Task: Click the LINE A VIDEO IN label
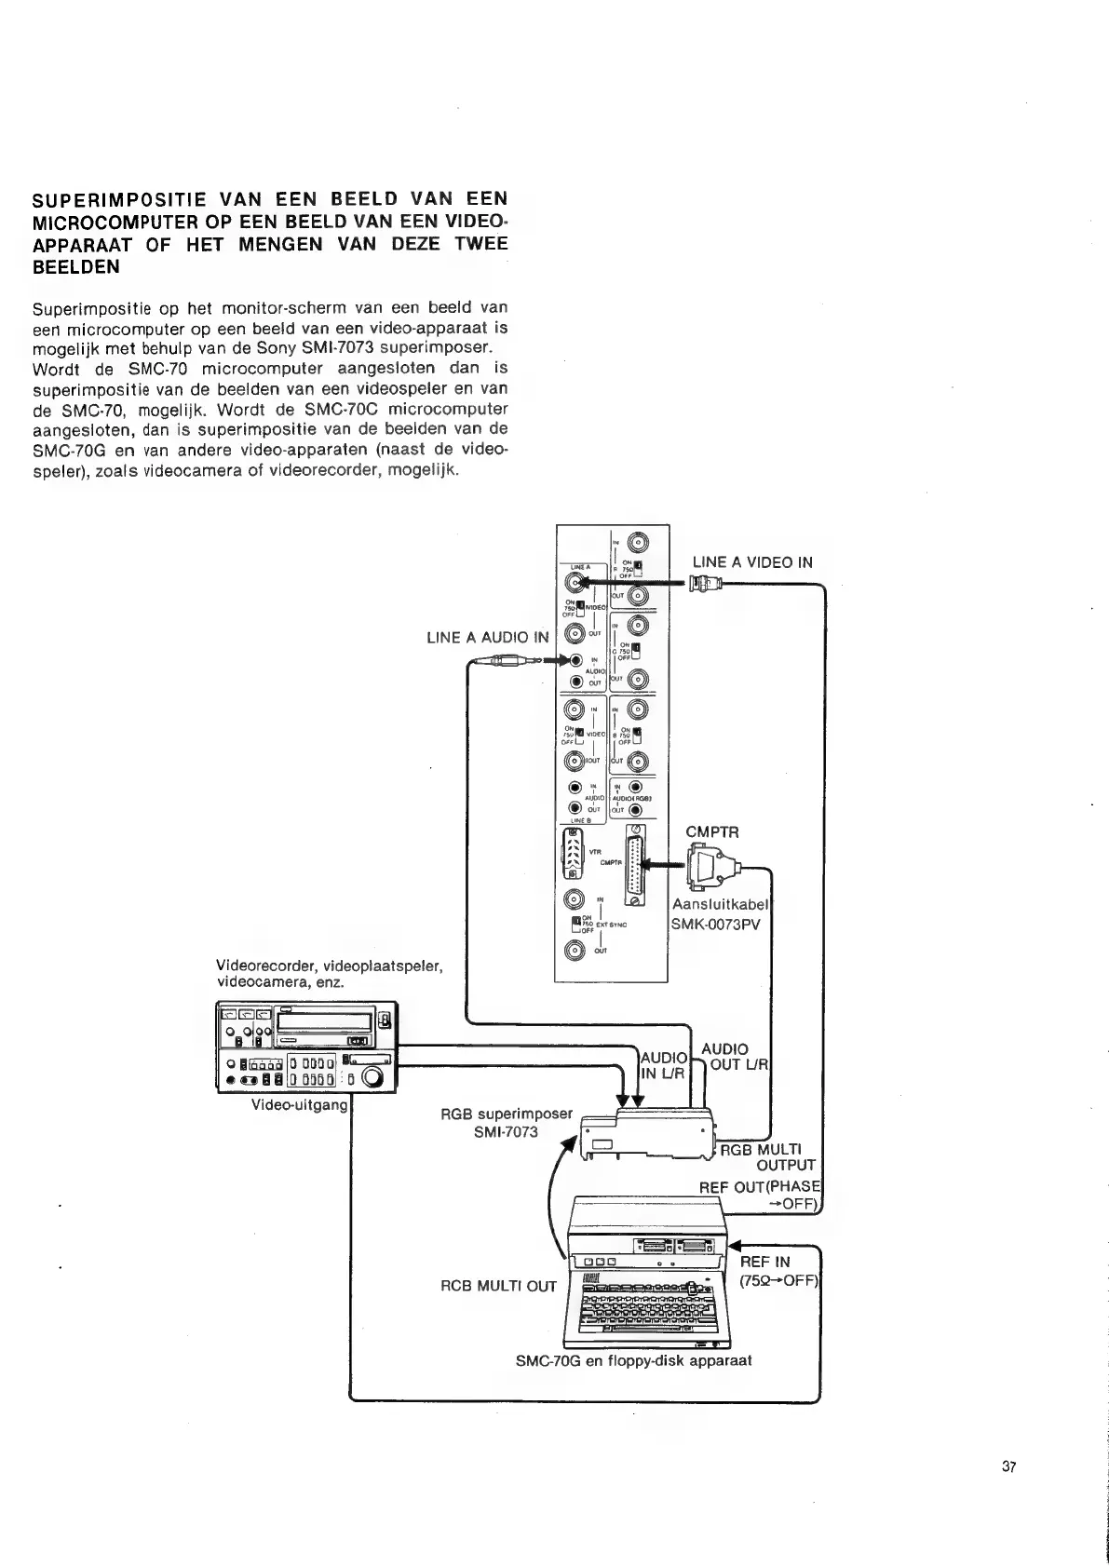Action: point(751,562)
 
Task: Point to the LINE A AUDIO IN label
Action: point(487,638)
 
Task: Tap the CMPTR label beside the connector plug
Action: point(712,831)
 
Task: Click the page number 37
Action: point(1008,1467)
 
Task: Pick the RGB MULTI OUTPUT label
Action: point(768,1156)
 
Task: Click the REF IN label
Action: point(764,1262)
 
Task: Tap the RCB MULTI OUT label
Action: point(497,1287)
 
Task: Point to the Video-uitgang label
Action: point(299,1105)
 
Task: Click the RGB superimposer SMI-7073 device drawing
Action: point(646,1134)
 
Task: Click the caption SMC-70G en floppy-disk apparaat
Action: point(633,1360)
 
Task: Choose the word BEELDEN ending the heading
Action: point(76,266)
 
